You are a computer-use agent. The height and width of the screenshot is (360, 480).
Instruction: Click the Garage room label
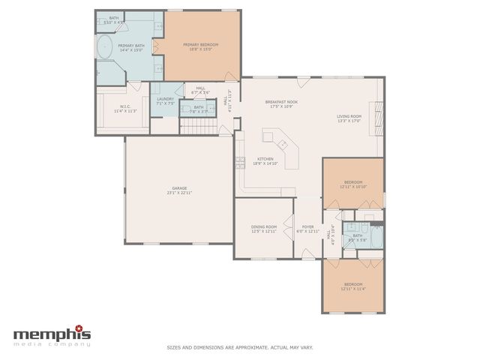click(179, 188)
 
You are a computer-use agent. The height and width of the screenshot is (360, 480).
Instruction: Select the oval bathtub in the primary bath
click(104, 49)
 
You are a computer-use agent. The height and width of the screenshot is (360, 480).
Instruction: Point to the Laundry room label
click(165, 99)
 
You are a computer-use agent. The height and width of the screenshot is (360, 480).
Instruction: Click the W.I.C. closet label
click(125, 106)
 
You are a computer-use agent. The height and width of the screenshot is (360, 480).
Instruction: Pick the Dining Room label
click(263, 226)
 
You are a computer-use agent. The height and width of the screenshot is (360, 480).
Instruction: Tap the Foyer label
click(307, 226)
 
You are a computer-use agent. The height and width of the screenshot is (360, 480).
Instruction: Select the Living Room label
click(349, 116)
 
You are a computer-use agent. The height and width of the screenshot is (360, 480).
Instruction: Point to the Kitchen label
click(265, 159)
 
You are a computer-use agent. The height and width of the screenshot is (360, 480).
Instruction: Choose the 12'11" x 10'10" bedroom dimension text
click(353, 187)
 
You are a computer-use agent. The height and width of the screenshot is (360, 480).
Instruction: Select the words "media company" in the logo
click(52, 343)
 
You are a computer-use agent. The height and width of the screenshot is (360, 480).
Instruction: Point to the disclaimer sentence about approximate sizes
click(239, 347)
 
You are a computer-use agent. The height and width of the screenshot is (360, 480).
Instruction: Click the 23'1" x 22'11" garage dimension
click(179, 193)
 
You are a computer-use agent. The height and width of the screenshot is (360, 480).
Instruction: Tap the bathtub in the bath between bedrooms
click(375, 239)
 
